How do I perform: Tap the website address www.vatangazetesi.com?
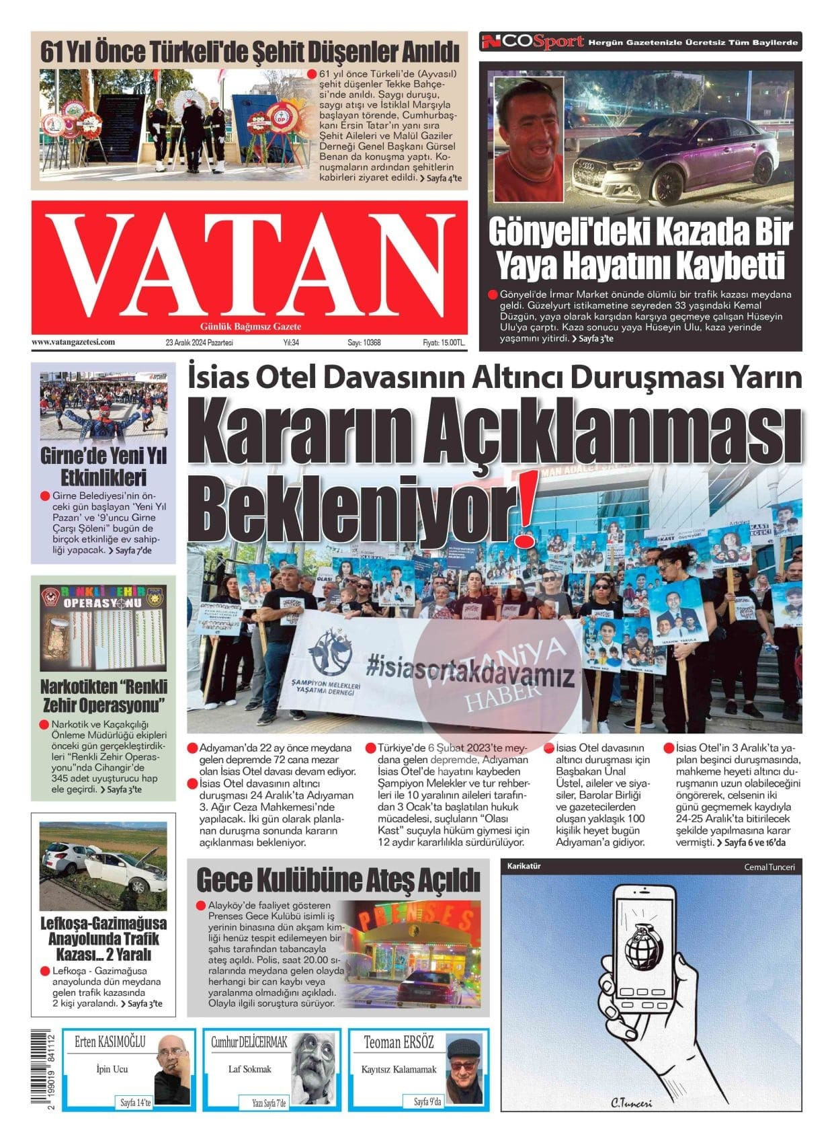73,342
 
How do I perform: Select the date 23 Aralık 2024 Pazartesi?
199,343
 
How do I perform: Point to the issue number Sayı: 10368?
364,343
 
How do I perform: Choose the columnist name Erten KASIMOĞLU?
110,1043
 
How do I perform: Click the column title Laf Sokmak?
249,1069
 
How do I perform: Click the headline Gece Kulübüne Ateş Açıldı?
338,879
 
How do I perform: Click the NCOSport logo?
532,42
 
